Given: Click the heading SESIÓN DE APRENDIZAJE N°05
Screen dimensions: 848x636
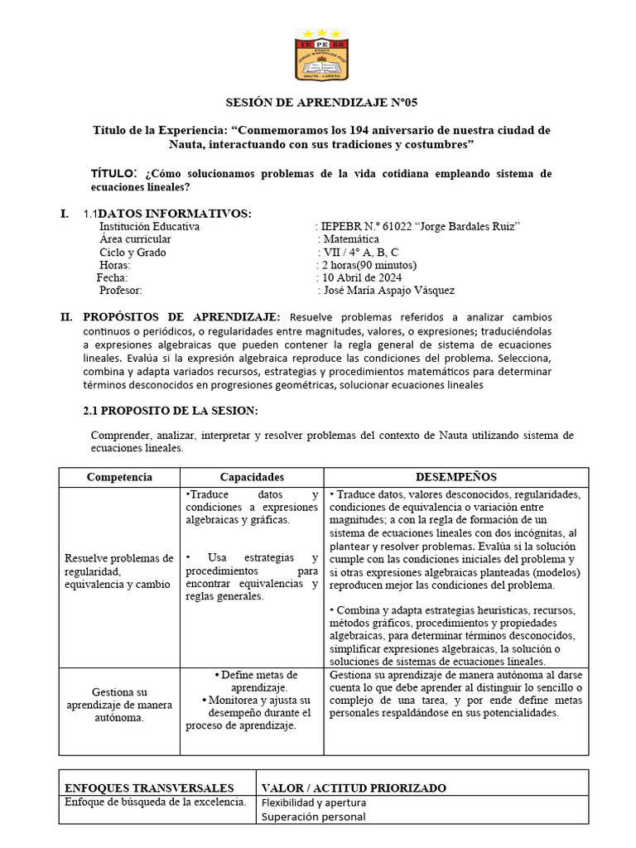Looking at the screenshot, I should (322, 104).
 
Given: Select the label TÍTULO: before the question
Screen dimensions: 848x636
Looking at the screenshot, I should (114, 173).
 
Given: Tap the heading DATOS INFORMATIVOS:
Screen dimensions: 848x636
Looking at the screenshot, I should (175, 214).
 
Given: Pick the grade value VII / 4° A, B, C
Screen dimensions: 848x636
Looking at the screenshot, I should (358, 253).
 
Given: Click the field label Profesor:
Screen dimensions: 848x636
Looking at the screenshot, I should (121, 291).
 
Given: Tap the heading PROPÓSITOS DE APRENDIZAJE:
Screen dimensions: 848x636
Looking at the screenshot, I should (181, 317).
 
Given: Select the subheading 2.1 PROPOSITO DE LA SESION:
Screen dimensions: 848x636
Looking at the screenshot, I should (171, 411).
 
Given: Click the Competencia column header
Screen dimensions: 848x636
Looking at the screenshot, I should (119, 478).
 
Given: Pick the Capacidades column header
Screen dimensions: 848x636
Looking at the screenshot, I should (252, 478).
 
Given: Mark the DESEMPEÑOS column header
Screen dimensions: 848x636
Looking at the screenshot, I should (455, 478).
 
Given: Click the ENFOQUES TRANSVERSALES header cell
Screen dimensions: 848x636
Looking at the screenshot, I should (149, 788).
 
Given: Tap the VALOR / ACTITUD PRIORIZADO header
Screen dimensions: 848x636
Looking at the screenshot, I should (354, 788).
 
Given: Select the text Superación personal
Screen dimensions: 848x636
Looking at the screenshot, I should (313, 817).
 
